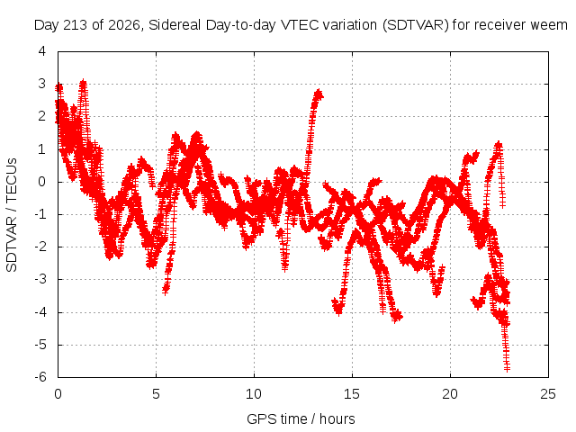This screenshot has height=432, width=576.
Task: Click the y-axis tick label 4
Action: (x=42, y=51)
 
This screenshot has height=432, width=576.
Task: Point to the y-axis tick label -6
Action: (x=40, y=377)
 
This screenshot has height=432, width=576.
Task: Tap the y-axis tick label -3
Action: (x=40, y=279)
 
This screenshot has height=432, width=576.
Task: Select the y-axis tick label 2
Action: (x=42, y=116)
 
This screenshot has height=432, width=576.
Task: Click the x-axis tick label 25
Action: (x=548, y=394)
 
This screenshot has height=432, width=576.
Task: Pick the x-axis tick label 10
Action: (x=254, y=394)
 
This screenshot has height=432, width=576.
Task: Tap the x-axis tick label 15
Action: (x=352, y=394)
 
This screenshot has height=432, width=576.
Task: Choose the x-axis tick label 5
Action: (x=156, y=394)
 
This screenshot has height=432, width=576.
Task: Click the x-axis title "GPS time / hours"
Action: (x=301, y=418)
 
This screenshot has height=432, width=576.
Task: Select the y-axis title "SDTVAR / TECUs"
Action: (x=12, y=215)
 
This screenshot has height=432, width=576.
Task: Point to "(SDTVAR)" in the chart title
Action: (x=415, y=25)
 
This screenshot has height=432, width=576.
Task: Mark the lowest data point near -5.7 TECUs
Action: (x=507, y=368)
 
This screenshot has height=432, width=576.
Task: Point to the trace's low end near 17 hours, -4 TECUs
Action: (x=396, y=318)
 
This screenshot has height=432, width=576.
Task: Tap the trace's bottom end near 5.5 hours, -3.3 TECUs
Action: (x=166, y=291)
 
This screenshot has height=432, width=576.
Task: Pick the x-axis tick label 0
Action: (x=58, y=394)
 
